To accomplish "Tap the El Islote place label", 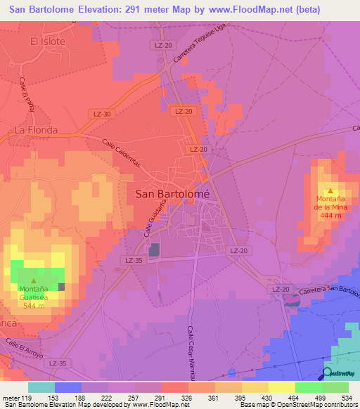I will [x=48, y=41].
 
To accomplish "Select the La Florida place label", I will [x=36, y=130].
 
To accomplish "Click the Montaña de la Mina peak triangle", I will [x=330, y=190].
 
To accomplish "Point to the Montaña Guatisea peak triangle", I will [x=33, y=280].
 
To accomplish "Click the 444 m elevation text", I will [x=331, y=216].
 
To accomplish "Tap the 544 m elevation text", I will [x=33, y=306].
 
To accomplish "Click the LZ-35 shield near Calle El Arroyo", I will [x=58, y=363].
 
